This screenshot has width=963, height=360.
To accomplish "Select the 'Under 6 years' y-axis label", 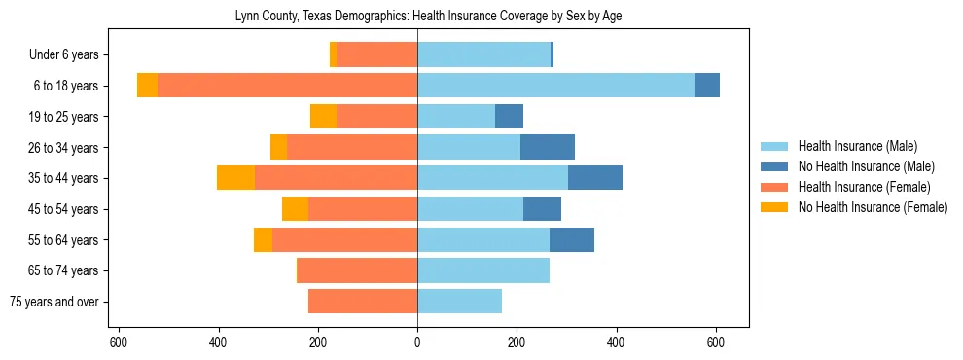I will pos(70,54).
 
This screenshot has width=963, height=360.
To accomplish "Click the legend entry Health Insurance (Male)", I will pos(857,146).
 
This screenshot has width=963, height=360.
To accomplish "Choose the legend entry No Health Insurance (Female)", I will pos(873,207).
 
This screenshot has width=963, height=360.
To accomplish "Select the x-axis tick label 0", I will pos(417,342).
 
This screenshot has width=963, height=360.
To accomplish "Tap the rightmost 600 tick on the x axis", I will pos(716,342).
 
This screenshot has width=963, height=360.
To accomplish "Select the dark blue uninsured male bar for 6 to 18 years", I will pos(707,86).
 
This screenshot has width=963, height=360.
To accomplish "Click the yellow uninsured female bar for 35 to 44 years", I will pos(236,178).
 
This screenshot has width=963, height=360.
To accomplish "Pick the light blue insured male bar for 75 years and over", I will pos(459,302).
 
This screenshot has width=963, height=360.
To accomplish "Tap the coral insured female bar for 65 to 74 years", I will pos(328,270).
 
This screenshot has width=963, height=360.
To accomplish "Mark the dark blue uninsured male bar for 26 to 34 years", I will pos(548,147).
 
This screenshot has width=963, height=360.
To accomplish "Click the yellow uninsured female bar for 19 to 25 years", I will pos(323,117).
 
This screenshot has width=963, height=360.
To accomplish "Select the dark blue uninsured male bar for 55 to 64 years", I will pos(572,239).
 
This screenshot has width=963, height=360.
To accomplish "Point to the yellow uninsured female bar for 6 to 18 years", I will pos(147,86).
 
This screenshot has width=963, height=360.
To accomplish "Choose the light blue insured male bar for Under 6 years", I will pos(483,54).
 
